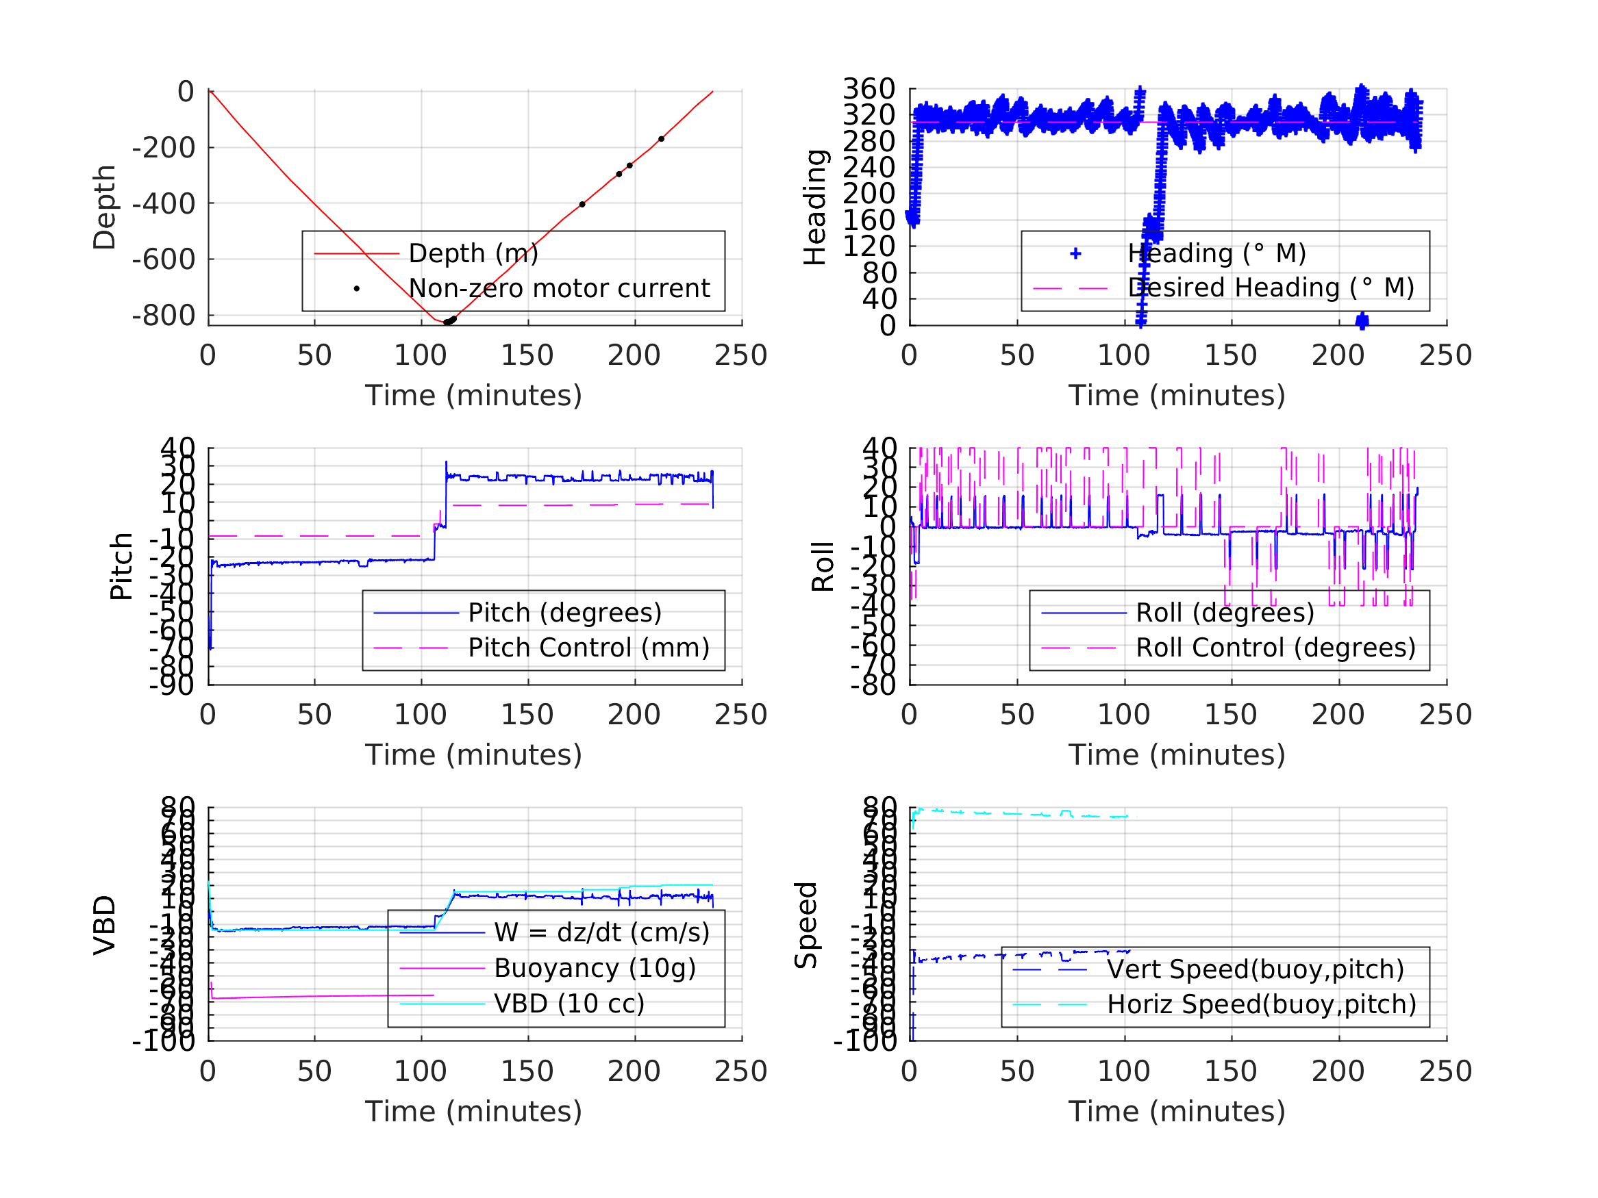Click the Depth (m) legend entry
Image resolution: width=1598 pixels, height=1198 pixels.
coord(473,253)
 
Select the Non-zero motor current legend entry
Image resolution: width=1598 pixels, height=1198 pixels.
coord(558,288)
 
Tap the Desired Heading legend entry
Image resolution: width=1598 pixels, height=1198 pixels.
coord(1271,288)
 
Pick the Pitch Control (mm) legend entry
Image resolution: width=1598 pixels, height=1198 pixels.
coord(588,648)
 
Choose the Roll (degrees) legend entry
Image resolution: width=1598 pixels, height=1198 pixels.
coord(1225,613)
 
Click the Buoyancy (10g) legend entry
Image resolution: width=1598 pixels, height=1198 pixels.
coord(595,969)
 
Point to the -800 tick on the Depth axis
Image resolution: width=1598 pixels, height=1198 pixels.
coord(163,316)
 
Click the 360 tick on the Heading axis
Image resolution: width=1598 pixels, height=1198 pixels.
coord(869,89)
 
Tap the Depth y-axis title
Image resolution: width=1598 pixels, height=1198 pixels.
coord(105,207)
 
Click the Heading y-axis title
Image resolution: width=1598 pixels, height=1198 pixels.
coord(815,207)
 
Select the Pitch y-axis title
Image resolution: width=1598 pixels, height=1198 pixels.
coord(121,566)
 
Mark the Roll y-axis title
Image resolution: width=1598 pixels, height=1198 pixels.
coord(823,566)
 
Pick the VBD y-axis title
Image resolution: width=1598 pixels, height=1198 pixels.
coord(105,925)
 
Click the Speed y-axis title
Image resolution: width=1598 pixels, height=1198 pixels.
coord(806,925)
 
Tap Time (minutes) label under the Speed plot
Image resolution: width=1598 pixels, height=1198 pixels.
coord(1177,1111)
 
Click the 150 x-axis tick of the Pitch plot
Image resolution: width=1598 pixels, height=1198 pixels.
coord(527,715)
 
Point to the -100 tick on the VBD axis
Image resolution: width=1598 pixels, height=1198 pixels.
coord(163,1041)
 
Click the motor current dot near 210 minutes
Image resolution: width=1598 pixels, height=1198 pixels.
coord(661,139)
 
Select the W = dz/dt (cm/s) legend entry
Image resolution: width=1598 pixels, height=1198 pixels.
coord(601,933)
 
